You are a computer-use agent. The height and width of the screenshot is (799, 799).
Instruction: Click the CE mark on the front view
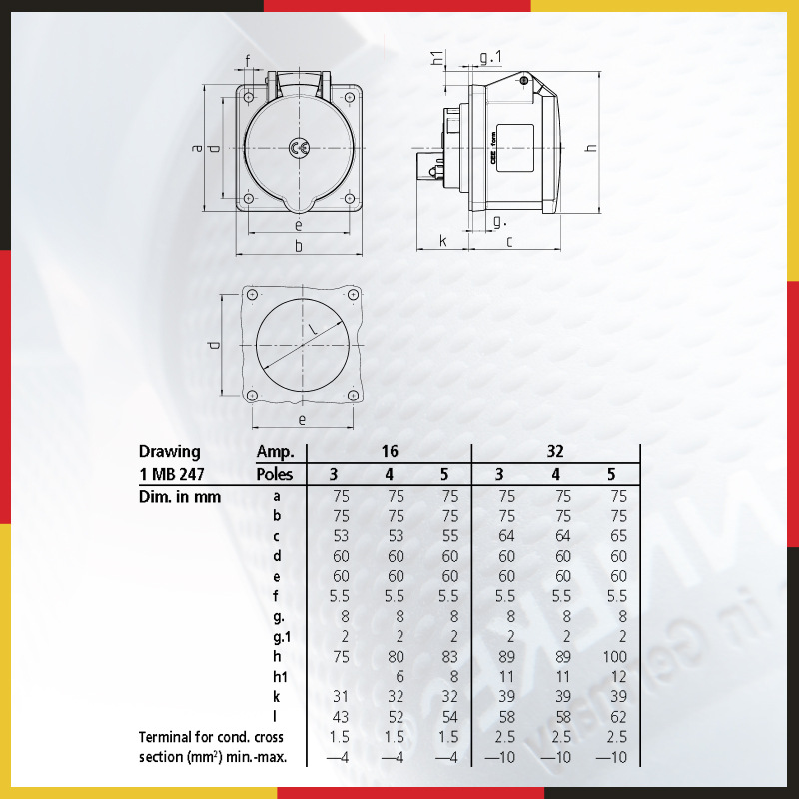[x=299, y=148]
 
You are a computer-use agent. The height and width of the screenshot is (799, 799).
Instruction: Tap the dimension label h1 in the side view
[x=437, y=58]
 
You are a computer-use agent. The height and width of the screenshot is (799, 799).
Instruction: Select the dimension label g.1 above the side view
[x=490, y=57]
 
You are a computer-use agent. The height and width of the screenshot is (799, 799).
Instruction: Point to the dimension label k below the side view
[x=442, y=240]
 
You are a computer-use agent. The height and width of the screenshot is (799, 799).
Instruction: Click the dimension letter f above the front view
[x=248, y=61]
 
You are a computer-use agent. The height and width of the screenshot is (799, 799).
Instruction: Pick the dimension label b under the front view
[x=299, y=245]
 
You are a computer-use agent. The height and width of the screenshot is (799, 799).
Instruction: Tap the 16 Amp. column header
[x=390, y=451]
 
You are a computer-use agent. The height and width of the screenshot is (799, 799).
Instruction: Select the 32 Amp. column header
[x=555, y=451]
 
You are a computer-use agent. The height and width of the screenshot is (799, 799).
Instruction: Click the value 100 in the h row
[x=614, y=657]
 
